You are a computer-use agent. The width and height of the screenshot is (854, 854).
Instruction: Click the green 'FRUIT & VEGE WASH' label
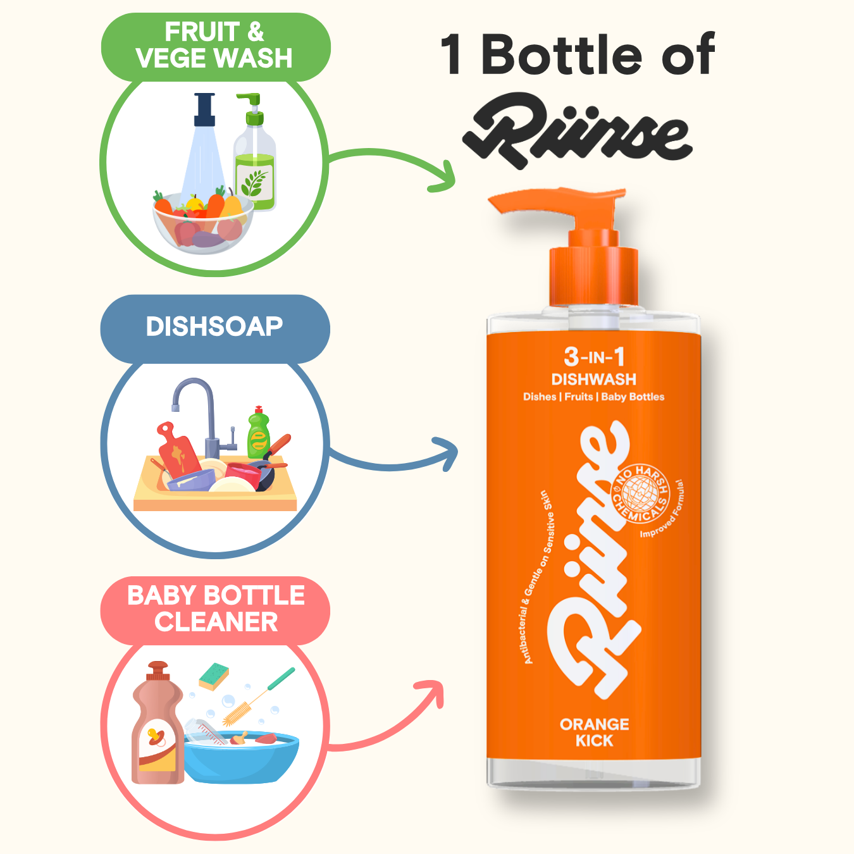[x=215, y=46]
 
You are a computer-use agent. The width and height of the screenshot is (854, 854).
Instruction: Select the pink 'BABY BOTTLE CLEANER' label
[x=215, y=610]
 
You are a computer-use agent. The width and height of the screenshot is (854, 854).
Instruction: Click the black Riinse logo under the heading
[x=577, y=131]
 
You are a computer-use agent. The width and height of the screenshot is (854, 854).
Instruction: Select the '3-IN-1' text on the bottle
[x=594, y=357]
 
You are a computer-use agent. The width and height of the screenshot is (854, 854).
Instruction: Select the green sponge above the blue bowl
[x=214, y=677]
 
